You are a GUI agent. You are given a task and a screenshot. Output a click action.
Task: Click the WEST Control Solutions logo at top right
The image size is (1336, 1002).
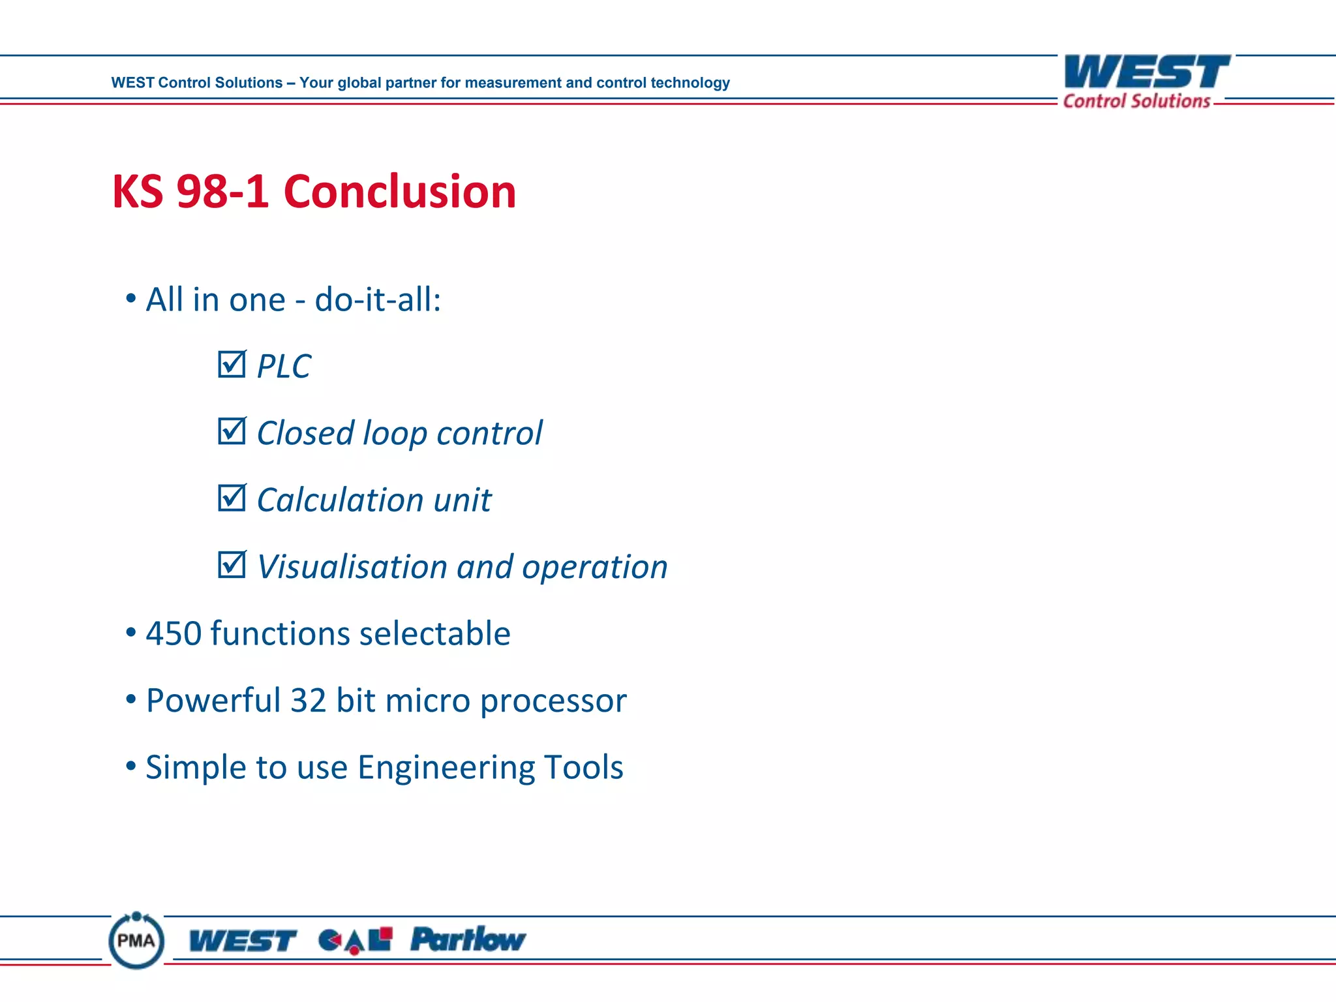pyautogui.click(x=1146, y=81)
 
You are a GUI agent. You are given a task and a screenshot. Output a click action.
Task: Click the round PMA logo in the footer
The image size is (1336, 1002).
pyautogui.click(x=136, y=940)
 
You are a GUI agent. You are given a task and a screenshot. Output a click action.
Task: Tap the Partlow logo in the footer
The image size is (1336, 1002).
pyautogui.click(x=468, y=939)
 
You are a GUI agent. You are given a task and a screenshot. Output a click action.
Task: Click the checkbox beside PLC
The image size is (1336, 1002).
pyautogui.click(x=232, y=365)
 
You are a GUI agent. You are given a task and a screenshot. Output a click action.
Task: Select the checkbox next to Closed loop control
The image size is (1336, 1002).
pyautogui.click(x=232, y=431)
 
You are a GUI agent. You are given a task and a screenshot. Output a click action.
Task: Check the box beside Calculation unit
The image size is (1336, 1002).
pyautogui.click(x=232, y=498)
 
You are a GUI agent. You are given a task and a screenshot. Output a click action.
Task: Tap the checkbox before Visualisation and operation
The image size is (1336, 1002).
pyautogui.click(x=232, y=565)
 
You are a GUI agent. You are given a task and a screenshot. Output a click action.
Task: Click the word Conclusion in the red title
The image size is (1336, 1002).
pyautogui.click(x=399, y=192)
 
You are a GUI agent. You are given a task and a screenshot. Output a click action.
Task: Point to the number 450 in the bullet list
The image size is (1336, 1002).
pyautogui.click(x=174, y=633)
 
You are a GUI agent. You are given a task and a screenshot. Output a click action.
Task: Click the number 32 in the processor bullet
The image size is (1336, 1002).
pyautogui.click(x=308, y=701)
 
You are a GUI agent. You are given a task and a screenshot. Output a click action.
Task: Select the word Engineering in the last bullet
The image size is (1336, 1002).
pyautogui.click(x=446, y=768)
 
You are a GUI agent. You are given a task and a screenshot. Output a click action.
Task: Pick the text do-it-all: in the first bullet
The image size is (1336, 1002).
pyautogui.click(x=378, y=300)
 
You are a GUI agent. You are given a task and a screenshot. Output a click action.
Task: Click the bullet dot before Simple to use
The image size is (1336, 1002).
pyautogui.click(x=131, y=765)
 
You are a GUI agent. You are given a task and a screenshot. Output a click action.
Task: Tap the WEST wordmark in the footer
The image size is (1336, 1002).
pyautogui.click(x=242, y=941)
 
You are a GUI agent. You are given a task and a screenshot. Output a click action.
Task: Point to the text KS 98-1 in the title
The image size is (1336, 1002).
pyautogui.click(x=190, y=192)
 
